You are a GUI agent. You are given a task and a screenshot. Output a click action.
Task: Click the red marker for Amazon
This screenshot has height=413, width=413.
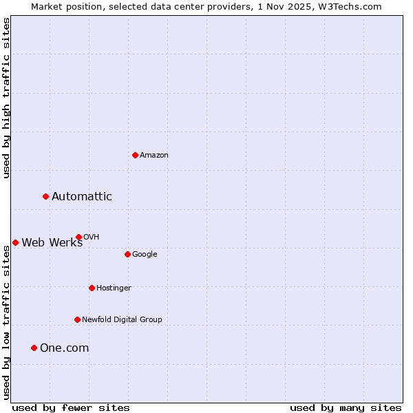(135, 155)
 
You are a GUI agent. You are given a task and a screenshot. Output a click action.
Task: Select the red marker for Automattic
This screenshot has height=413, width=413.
(45, 197)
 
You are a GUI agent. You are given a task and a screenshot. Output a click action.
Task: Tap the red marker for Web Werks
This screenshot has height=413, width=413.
(15, 242)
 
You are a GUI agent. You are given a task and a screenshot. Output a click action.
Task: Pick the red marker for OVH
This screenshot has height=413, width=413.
(78, 237)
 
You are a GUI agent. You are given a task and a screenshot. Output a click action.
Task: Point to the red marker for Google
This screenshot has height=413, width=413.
(127, 254)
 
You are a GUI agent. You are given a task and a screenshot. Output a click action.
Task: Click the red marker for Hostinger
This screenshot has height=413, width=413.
(92, 288)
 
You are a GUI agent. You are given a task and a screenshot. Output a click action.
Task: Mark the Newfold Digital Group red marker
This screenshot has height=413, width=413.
(77, 319)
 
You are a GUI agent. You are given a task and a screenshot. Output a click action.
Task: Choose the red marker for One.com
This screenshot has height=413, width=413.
(34, 348)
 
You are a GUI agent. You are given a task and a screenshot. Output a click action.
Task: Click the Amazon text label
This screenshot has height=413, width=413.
(154, 156)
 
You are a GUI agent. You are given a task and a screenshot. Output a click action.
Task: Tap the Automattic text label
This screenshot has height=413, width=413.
(82, 197)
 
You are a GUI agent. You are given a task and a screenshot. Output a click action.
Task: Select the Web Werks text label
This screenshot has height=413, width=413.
(52, 242)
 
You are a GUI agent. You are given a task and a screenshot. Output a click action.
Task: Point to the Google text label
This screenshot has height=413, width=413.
(145, 255)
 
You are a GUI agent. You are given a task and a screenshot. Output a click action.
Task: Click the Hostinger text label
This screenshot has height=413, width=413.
(114, 288)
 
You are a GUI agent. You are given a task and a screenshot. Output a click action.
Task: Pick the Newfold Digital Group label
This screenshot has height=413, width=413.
(122, 319)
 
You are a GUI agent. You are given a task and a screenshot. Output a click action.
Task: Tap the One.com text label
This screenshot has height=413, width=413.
(65, 348)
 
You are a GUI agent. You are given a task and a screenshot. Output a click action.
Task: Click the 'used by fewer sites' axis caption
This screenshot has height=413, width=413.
(71, 407)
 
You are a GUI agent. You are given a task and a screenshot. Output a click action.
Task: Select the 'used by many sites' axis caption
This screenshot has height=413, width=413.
(346, 407)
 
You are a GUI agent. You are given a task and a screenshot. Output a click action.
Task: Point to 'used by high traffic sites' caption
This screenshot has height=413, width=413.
(6, 98)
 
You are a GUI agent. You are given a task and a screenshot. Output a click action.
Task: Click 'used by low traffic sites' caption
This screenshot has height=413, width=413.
(6, 322)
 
